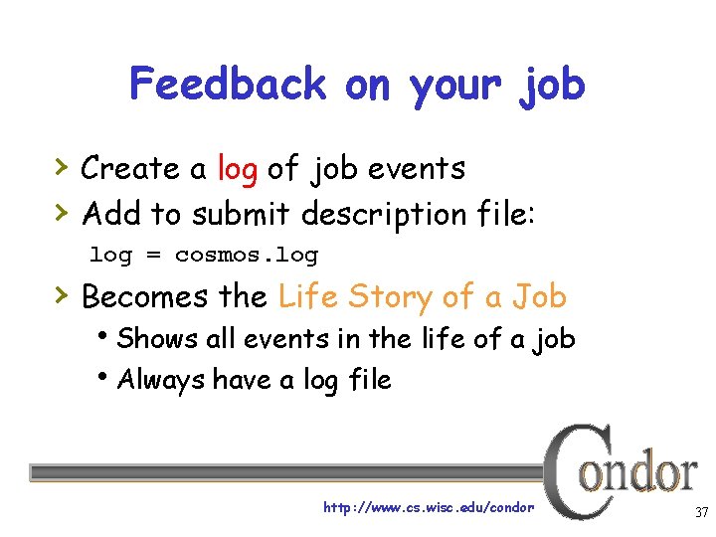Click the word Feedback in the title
tap(228, 84)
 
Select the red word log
tap(237, 169)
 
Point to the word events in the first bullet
tap(416, 169)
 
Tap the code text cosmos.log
tap(247, 255)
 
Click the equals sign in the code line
tap(153, 256)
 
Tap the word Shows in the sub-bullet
tap(157, 339)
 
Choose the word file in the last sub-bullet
tap(367, 379)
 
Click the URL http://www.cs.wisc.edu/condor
tap(429, 507)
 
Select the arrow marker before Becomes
tap(61, 294)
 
